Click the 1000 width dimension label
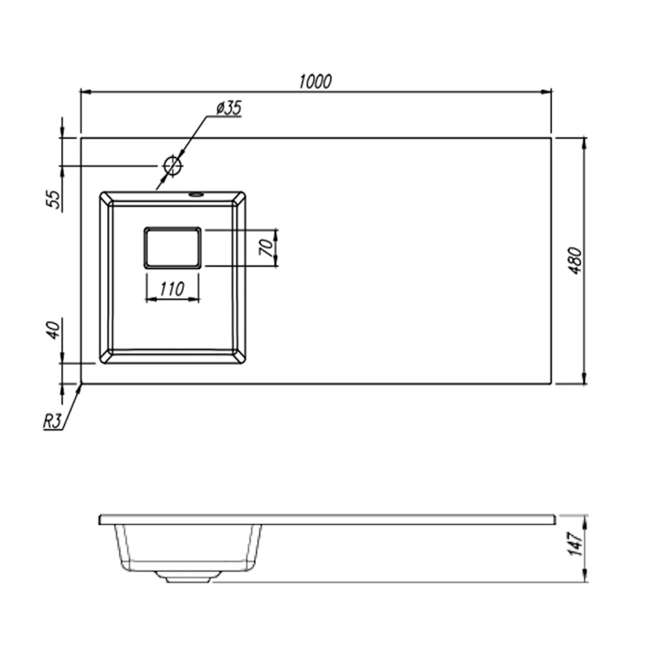point(315,82)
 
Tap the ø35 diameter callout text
point(228,108)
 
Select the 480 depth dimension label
point(575,261)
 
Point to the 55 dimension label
point(53,199)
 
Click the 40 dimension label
point(53,330)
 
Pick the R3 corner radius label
point(53,422)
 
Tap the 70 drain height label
point(266,247)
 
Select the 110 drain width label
point(172,289)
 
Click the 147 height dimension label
point(576,544)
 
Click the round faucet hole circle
point(173,166)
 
